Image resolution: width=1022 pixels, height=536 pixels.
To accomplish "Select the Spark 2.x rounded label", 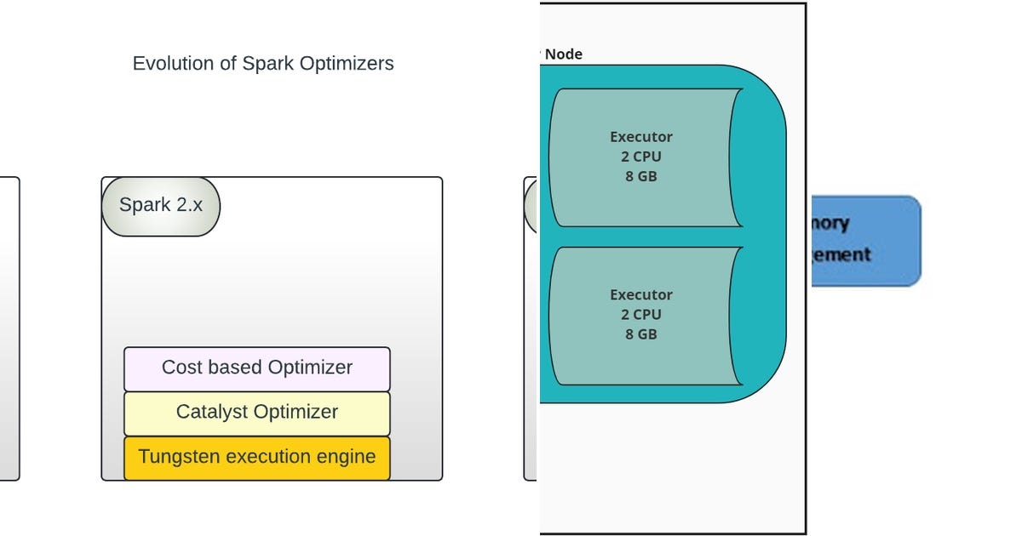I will (x=161, y=206).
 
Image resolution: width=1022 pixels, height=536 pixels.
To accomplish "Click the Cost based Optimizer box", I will (x=257, y=368).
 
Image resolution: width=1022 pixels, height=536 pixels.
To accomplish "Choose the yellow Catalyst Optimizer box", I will (x=257, y=413).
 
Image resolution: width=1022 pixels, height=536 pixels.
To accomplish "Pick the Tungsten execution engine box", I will (x=257, y=458).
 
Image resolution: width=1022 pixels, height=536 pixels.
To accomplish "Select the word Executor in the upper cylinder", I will (x=641, y=137).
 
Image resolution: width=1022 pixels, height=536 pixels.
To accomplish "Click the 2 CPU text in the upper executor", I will (x=641, y=157).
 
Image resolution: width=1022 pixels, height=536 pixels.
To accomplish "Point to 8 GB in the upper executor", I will (x=641, y=176).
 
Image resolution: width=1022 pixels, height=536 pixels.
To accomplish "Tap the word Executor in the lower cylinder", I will (x=641, y=295).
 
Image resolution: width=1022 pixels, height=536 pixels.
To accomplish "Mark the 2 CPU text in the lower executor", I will (x=641, y=315).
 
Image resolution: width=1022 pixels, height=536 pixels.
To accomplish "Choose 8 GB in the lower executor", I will (x=641, y=334).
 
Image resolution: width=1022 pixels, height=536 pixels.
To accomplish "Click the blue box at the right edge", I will (x=864, y=241).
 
